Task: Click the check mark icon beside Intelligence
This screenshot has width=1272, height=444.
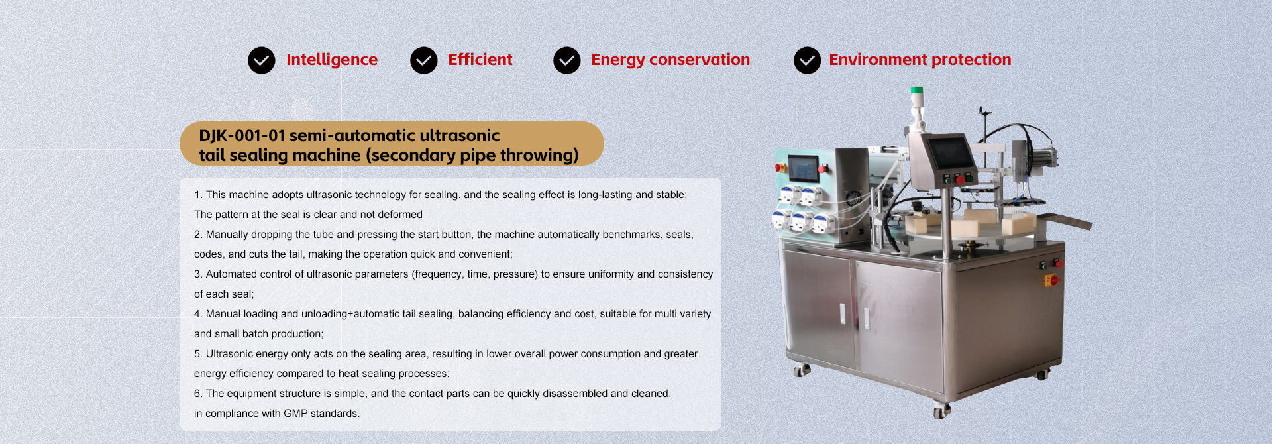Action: coord(262,60)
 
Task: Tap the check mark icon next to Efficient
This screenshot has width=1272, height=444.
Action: coord(424,60)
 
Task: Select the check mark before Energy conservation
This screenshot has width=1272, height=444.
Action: coord(567,60)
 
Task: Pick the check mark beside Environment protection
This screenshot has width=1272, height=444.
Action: coord(808,60)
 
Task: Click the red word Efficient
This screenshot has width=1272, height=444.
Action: coord(480,60)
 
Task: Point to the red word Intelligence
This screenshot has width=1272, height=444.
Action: coord(332,60)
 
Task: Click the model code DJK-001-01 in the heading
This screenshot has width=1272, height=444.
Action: coord(242,135)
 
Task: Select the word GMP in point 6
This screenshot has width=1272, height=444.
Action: coord(295,414)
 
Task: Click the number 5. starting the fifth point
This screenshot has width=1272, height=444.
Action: coord(198,354)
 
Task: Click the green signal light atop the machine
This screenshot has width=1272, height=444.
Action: coord(917,91)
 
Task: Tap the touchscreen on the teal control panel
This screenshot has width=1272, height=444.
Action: coord(804,168)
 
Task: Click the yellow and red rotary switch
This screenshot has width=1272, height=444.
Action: coord(1051,280)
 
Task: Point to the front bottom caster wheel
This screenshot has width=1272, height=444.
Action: coord(941,411)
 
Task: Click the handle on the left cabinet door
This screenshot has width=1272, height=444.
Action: coord(843,313)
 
